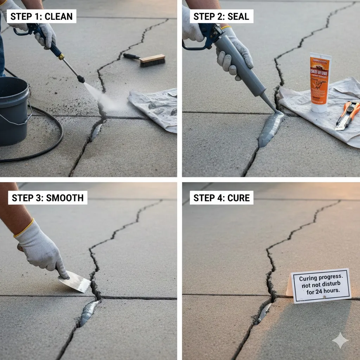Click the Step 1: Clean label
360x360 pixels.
[x=41, y=16]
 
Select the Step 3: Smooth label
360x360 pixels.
[x=47, y=198]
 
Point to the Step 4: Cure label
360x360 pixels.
[x=221, y=198]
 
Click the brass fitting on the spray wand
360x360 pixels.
[x=61, y=56]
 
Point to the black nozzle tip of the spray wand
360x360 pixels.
[x=81, y=79]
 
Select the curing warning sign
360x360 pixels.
[x=320, y=285]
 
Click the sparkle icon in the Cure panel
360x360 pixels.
[x=340, y=340]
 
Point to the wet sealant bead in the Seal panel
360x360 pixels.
[x=270, y=128]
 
